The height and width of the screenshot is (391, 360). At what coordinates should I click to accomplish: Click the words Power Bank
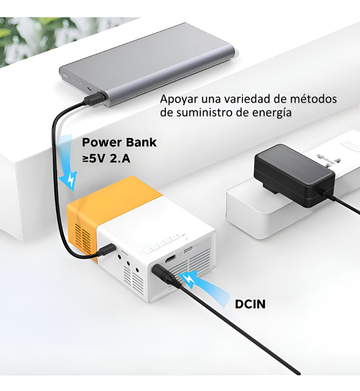119,142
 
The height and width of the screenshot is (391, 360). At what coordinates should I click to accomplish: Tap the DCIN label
250,304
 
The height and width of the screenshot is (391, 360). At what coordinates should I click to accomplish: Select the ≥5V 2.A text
106,158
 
